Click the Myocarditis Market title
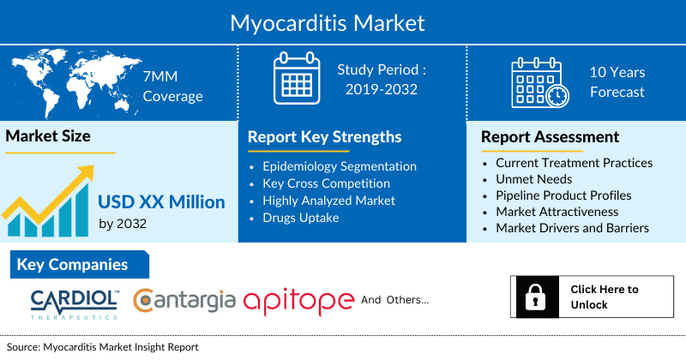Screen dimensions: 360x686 pyautogui.click(x=343, y=21)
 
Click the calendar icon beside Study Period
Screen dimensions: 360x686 pyautogui.click(x=296, y=79)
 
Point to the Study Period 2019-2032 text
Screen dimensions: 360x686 pyautogui.click(x=382, y=80)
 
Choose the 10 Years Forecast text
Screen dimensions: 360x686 pyautogui.click(x=617, y=82)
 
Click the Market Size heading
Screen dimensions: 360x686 pyautogui.click(x=49, y=136)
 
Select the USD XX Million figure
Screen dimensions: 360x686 pyautogui.click(x=161, y=202)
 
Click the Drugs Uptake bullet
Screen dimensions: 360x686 pyautogui.click(x=301, y=218)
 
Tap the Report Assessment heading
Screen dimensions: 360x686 pyautogui.click(x=550, y=137)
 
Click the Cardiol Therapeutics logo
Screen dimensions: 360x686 pyautogui.click(x=75, y=302)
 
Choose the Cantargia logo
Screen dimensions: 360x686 pyautogui.click(x=184, y=300)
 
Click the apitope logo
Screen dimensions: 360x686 pyautogui.click(x=298, y=301)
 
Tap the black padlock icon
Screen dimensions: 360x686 pyautogui.click(x=533, y=297)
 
